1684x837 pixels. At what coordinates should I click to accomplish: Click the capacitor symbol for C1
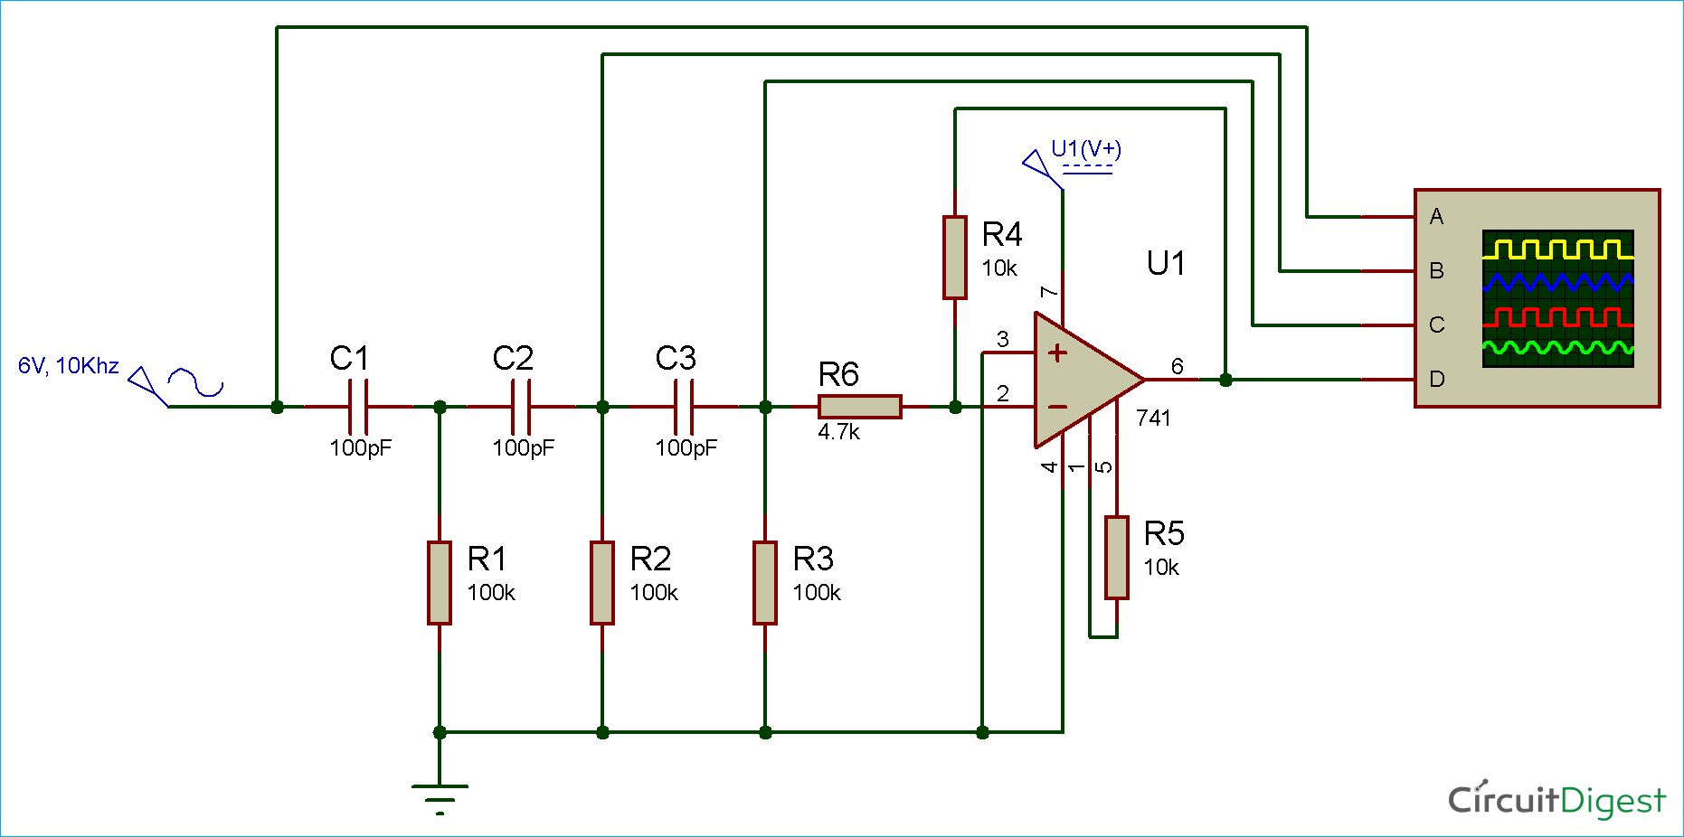coord(358,407)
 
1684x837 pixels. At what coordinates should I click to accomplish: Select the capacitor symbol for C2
coord(521,407)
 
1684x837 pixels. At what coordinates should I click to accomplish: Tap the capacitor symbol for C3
coord(684,407)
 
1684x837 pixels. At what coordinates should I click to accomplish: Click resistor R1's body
coord(440,583)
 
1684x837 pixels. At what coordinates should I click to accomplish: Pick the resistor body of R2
coord(602,583)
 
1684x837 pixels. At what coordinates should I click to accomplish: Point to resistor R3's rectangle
coord(765,583)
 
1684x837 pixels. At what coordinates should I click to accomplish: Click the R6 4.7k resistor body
coord(859,407)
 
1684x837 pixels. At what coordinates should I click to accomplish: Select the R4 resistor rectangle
coord(955,258)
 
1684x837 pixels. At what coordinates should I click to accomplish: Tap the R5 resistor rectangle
coord(1117,558)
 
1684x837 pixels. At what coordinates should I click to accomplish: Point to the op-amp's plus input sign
coord(1057,353)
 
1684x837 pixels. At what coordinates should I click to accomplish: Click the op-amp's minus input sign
coord(1057,408)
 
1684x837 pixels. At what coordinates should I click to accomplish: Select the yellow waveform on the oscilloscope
coord(1557,249)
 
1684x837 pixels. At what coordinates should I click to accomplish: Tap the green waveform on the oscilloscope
coord(1557,348)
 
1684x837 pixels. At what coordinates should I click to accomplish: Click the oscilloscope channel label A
coord(1436,217)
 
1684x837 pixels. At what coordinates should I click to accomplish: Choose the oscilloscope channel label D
coord(1436,380)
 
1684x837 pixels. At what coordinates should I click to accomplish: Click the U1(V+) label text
coord(1086,149)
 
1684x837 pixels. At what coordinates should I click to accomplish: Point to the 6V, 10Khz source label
coord(69,366)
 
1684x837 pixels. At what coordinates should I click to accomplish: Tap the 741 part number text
coord(1153,418)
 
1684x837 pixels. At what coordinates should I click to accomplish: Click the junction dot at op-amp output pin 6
coord(1225,380)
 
